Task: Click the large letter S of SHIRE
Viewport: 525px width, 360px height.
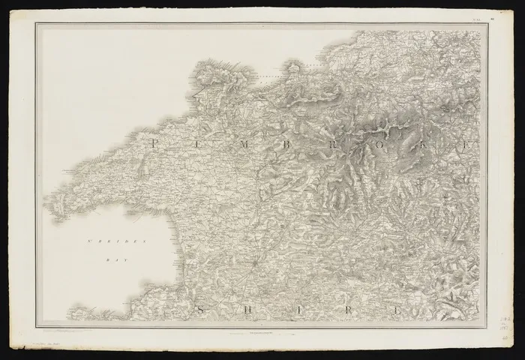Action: (x=199, y=308)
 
